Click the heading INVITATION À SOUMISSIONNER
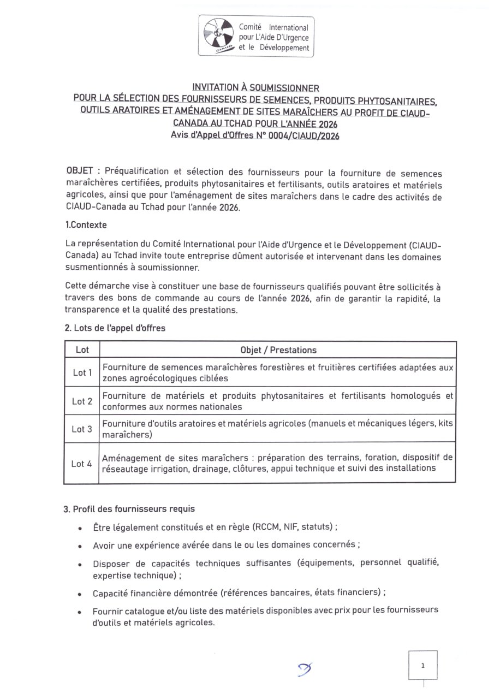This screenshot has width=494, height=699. (x=255, y=87)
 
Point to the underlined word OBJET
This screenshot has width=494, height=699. (x=79, y=171)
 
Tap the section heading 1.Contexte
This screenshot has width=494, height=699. (x=86, y=224)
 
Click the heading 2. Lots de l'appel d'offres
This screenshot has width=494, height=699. (x=115, y=328)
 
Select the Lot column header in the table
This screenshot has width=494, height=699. (x=82, y=349)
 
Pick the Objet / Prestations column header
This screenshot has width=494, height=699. (x=278, y=350)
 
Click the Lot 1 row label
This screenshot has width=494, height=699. (x=82, y=372)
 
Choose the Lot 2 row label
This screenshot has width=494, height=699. (x=82, y=401)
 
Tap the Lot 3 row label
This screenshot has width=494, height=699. (x=82, y=429)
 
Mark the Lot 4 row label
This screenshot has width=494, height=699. (x=82, y=464)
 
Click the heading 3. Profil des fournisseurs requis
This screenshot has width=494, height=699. (x=129, y=509)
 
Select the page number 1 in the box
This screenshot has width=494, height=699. (x=422, y=665)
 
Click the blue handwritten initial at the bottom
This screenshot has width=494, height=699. (x=305, y=668)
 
